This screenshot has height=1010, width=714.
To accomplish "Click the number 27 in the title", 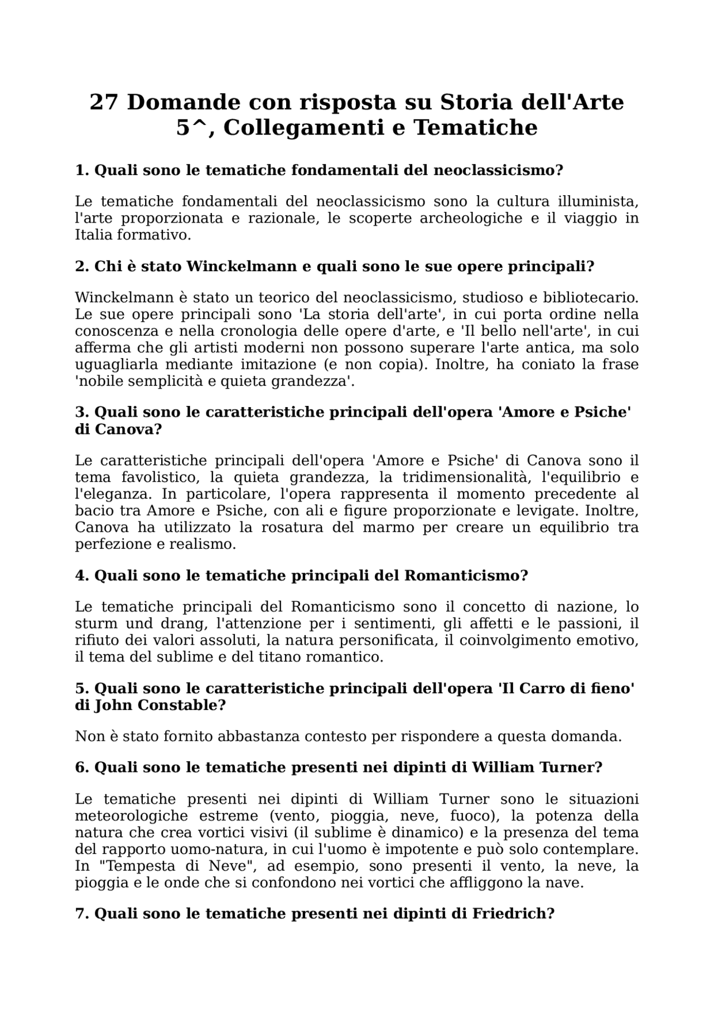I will click(x=104, y=103).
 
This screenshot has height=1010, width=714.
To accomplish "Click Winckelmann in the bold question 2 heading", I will click(x=241, y=267).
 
